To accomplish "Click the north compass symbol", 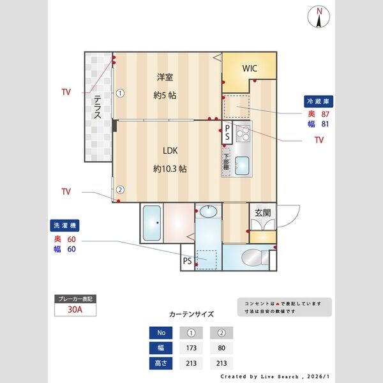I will (x=320, y=17).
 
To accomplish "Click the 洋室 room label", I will (x=165, y=78).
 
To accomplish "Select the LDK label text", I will (x=169, y=151).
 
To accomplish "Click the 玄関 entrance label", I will (x=263, y=213).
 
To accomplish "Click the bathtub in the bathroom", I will (x=152, y=223).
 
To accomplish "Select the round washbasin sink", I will (x=208, y=211).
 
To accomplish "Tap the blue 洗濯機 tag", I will (x=64, y=225).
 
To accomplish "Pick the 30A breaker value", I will (x=76, y=311).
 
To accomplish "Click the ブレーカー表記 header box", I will (x=76, y=299).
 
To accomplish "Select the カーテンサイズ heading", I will (x=191, y=314).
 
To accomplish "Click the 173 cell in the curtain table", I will (x=191, y=349).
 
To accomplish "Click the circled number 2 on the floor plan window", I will (x=119, y=188).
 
